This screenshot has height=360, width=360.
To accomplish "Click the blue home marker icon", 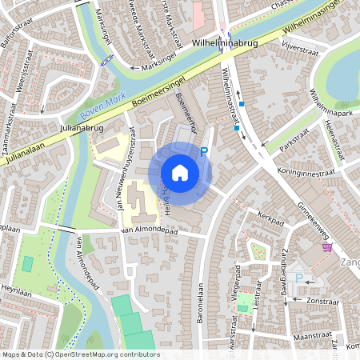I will [x=180, y=172].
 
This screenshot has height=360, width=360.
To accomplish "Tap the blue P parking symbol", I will [x=203, y=150].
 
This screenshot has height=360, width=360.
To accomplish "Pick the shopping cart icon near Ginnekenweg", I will [x=326, y=247].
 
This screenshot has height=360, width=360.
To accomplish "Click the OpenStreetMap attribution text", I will [x=80, y=354].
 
